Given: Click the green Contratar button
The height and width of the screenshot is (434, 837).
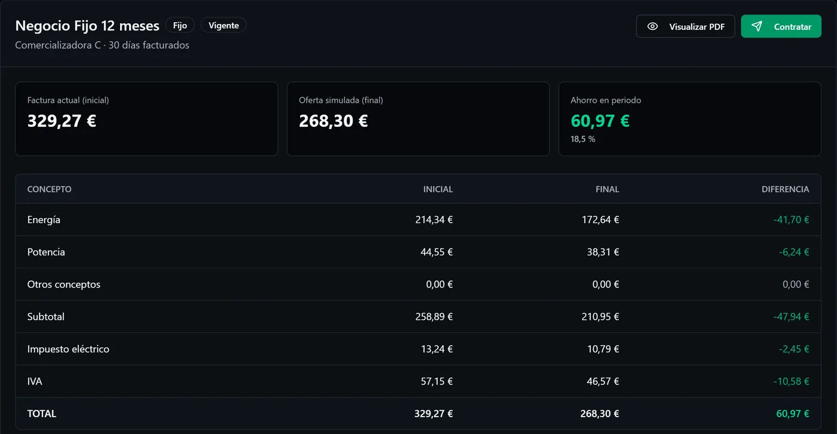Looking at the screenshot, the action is (781, 26).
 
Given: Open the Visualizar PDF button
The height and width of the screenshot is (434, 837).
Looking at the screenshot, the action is (685, 26).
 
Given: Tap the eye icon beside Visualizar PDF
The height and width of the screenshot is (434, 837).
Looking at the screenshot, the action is (652, 26).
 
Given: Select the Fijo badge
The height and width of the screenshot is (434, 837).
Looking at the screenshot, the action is (180, 25).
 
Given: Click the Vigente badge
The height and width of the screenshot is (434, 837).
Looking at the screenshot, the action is (224, 25).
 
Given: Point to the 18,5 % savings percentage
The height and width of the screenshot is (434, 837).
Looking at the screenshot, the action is (582, 139).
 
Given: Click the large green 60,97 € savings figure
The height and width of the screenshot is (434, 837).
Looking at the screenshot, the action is (600, 121).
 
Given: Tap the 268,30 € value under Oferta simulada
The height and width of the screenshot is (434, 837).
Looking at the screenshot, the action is (333, 121).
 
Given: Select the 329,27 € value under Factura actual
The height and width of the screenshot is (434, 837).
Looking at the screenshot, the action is (62, 121).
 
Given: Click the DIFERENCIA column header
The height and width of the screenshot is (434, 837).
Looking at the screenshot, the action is (785, 189).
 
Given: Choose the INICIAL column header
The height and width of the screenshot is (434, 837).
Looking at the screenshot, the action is (438, 189).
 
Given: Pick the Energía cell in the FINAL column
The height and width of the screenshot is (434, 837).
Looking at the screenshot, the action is (600, 219).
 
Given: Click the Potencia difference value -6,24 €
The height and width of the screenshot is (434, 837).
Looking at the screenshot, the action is (794, 252).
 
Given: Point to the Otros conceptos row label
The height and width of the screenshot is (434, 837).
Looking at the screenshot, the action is (63, 284).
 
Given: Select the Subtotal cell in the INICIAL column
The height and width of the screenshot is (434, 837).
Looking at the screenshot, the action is (434, 317).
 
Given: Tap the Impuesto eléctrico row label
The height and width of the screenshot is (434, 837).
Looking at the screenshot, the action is (68, 349).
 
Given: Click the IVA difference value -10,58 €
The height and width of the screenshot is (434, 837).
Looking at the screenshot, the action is (791, 381).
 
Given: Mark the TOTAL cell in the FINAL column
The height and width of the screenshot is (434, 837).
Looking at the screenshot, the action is (599, 414).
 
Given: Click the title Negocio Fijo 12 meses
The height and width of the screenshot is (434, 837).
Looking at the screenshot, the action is (87, 25).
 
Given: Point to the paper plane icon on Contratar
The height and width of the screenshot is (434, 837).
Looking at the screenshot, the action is (757, 26).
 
